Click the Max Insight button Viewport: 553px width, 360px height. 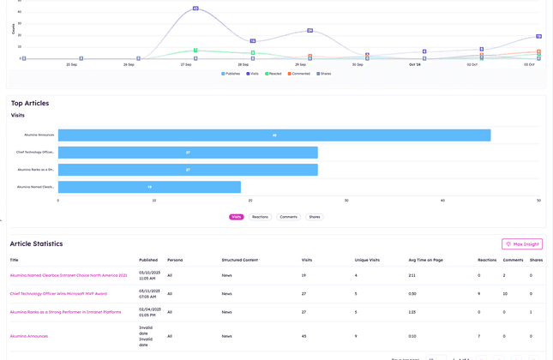[x=521, y=244]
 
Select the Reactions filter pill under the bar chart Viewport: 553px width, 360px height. [x=260, y=217]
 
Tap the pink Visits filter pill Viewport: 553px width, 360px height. [x=236, y=217]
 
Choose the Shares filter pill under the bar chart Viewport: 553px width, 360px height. [x=315, y=217]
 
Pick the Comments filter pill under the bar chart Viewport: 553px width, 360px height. [x=288, y=217]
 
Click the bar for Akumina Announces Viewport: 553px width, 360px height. [x=273, y=135]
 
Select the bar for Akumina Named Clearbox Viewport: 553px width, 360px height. [x=149, y=186]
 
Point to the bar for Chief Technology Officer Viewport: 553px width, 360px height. [x=188, y=152]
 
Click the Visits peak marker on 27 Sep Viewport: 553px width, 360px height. [x=195, y=9]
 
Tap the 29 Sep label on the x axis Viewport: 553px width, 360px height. [x=300, y=64]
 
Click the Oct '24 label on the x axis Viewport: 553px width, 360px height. [x=415, y=64]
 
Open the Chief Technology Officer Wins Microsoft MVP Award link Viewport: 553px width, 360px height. [x=58, y=293]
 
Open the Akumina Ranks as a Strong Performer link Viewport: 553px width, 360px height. [x=65, y=312]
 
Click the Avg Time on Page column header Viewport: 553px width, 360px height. [x=424, y=259]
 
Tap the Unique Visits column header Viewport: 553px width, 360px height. [x=367, y=259]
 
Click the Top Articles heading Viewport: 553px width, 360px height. [x=30, y=103]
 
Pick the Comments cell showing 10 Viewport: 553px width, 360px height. [x=505, y=293]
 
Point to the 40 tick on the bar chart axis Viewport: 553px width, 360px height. [x=442, y=201]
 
